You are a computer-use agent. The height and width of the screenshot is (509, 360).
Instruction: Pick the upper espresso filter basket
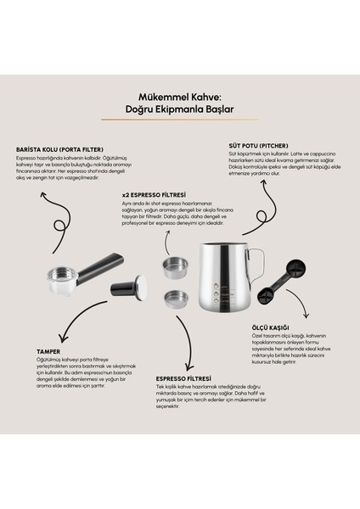pos(175,267)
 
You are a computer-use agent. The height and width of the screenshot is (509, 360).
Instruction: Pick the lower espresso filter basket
pos(175,298)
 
